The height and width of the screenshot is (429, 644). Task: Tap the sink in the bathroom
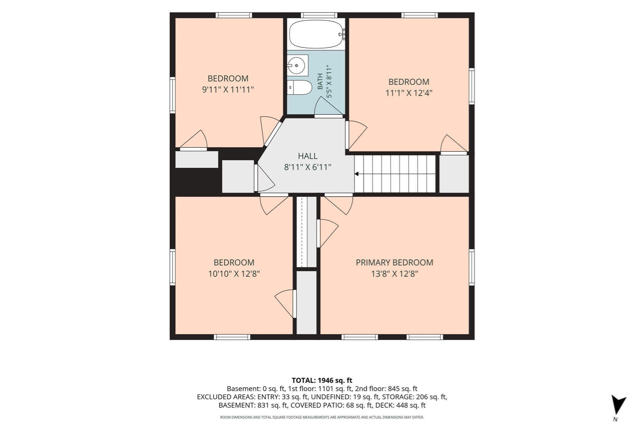pos(297,65)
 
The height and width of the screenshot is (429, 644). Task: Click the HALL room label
pos(308,156)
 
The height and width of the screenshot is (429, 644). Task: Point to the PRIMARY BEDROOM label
pos(394,263)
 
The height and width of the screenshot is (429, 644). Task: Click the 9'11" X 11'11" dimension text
pos(228,90)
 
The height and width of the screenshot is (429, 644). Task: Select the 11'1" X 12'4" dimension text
pos(409,93)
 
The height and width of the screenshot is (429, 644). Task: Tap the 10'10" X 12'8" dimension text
pos(234,274)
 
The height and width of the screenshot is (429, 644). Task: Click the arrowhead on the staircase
pos(357,174)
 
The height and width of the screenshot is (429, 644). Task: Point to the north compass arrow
pos(618,405)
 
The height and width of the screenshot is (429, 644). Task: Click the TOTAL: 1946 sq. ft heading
pos(322,380)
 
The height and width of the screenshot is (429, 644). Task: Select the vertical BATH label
pos(320,81)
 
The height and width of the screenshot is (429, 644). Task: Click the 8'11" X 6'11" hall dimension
pos(308,167)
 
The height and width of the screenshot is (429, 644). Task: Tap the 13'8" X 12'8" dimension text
pos(394,274)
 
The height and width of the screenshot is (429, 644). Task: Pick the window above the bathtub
pos(319,15)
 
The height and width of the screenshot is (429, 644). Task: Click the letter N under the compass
pos(615,419)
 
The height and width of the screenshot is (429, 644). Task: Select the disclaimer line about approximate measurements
pos(322,417)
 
